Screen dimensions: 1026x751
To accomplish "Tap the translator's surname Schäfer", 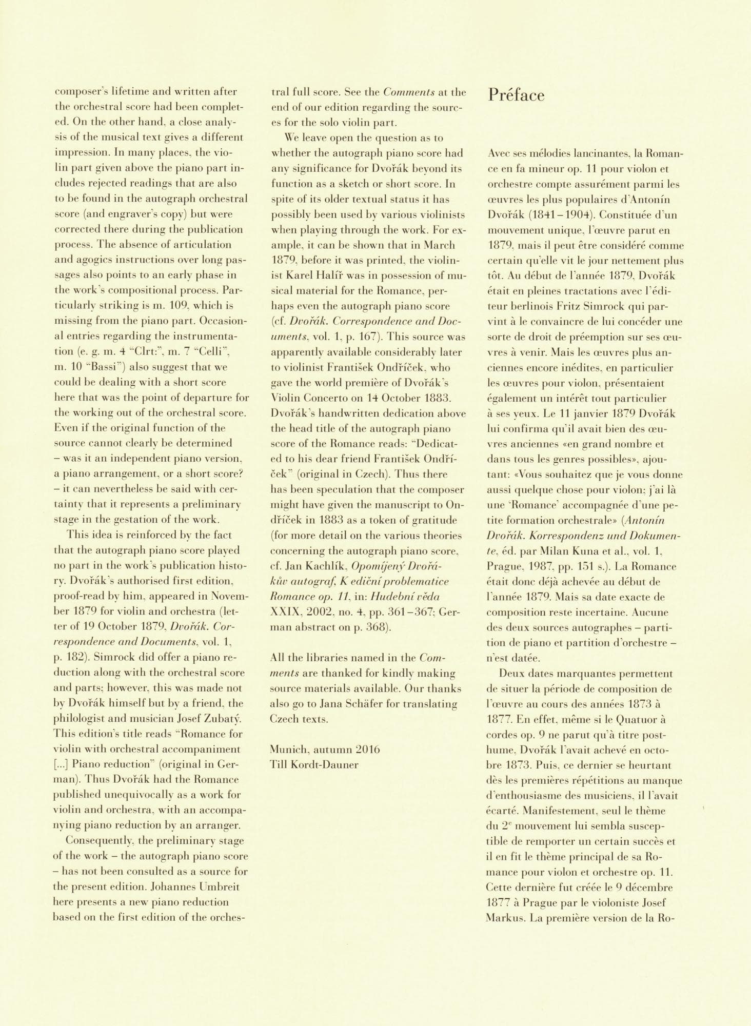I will tap(368, 704).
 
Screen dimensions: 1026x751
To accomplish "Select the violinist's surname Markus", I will tap(505, 917).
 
